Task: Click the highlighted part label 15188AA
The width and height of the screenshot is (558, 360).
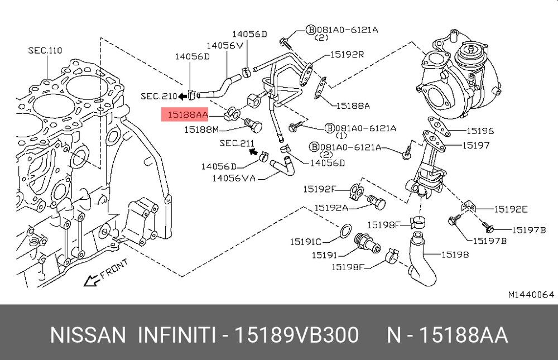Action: [185, 115]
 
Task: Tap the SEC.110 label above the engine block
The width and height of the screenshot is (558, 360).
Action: [45, 51]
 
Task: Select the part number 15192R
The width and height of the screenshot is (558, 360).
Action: [347, 55]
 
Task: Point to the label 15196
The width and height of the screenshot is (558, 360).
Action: [480, 131]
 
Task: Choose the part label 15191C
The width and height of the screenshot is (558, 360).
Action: [305, 242]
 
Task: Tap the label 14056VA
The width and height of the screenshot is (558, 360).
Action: [234, 179]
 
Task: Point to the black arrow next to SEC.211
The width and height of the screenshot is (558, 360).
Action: [252, 150]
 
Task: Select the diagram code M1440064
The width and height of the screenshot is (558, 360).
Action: [531, 294]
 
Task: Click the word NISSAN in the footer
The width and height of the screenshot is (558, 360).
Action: [88, 335]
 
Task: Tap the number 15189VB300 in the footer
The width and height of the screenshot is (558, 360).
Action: [296, 335]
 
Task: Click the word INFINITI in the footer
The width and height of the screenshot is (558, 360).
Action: [177, 335]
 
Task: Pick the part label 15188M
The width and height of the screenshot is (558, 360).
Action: [201, 130]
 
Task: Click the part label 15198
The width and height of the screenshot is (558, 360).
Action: [455, 255]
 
